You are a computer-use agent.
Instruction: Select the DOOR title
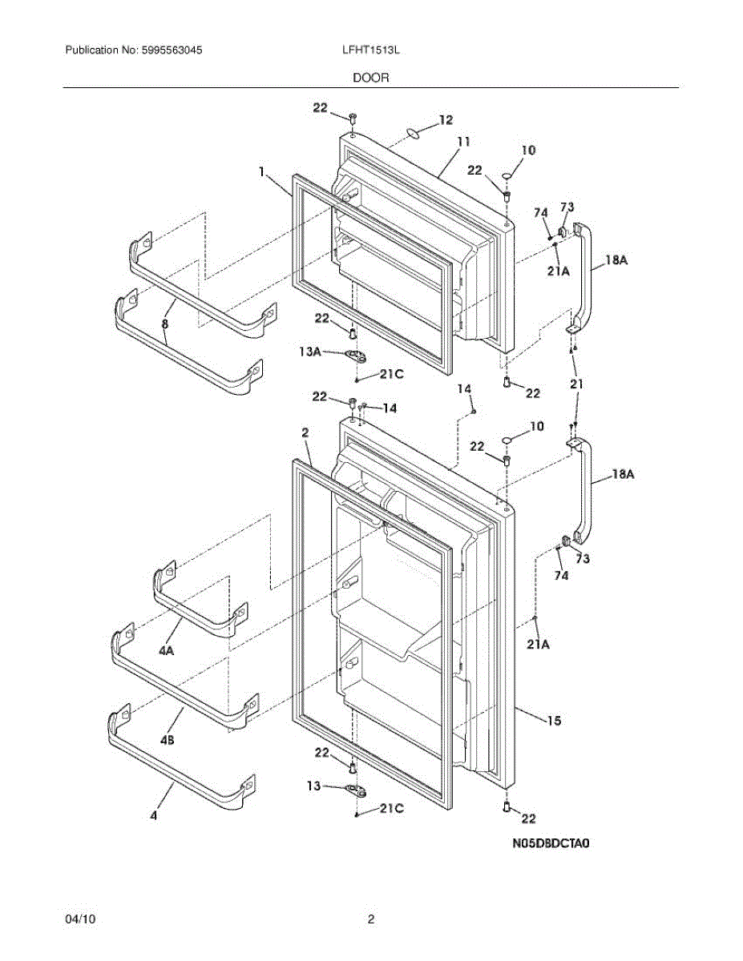[370, 78]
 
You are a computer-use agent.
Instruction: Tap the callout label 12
[446, 120]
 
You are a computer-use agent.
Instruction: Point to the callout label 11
[463, 143]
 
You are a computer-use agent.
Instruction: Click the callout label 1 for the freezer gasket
[261, 171]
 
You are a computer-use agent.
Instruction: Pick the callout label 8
[165, 324]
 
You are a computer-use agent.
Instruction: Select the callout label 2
[305, 432]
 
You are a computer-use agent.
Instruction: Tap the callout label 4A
[166, 652]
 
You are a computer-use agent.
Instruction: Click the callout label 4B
[167, 741]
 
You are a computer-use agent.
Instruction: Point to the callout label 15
[554, 721]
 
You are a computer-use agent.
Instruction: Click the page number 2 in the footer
[370, 920]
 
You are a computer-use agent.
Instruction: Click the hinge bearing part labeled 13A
[353, 354]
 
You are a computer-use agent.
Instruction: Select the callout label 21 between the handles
[576, 385]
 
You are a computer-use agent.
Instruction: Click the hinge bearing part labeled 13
[356, 791]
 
